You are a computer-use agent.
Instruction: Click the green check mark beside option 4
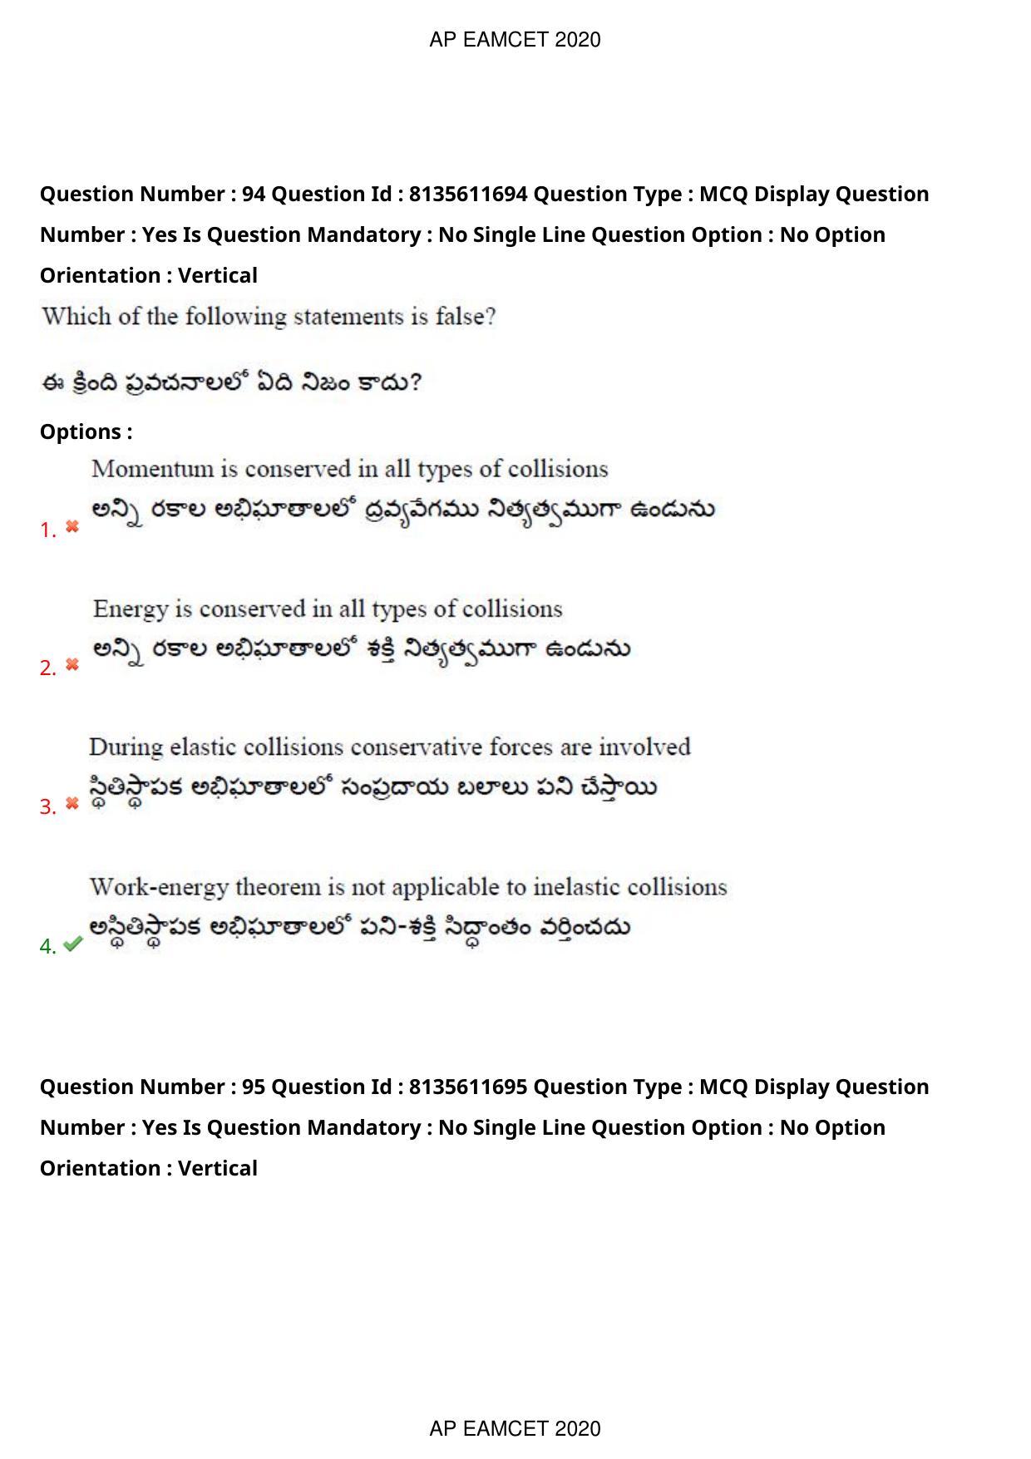[73, 944]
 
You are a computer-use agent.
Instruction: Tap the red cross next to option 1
[72, 526]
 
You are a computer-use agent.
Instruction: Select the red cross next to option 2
[72, 664]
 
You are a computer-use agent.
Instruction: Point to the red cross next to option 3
[72, 803]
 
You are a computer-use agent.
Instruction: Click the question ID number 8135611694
[468, 194]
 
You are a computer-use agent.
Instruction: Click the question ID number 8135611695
[468, 1087]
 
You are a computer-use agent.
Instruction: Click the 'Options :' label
[86, 431]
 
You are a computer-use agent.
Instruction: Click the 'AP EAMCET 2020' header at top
[515, 40]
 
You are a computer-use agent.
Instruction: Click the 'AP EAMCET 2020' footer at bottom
[515, 1428]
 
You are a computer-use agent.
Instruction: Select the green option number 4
[47, 946]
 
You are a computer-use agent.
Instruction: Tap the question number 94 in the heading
[253, 194]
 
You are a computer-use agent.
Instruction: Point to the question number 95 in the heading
[253, 1087]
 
